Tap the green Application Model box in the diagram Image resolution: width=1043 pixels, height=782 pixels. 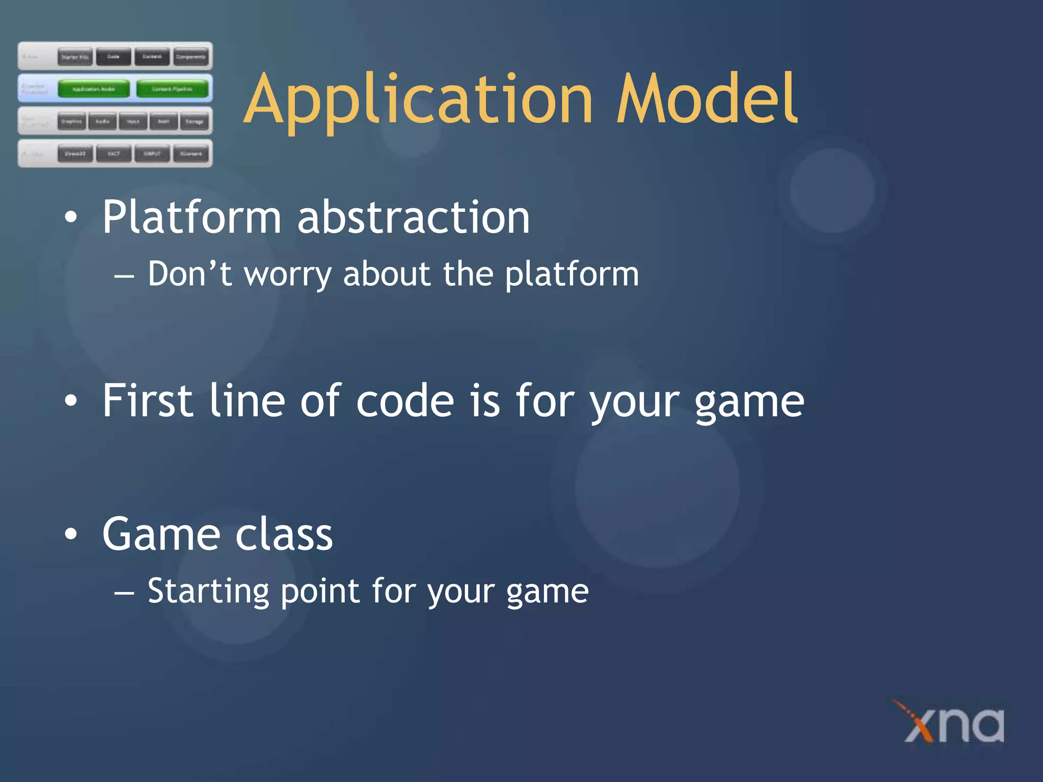pos(94,89)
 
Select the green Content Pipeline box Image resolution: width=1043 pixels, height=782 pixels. pos(172,89)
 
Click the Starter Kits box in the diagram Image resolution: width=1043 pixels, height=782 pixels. pos(75,57)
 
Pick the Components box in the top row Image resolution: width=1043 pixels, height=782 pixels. pos(191,57)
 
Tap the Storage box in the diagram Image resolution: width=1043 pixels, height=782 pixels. pos(194,122)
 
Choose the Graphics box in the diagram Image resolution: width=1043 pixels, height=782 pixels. pos(71,122)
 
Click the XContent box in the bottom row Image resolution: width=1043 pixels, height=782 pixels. pos(191,153)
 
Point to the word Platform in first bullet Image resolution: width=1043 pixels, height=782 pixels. pos(191,218)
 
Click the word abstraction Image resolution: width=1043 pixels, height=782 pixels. pos(413,218)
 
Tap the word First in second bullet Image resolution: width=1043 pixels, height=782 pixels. pos(148,401)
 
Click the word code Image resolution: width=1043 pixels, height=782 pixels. pos(405,401)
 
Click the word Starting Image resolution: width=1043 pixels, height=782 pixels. pos(208,592)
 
